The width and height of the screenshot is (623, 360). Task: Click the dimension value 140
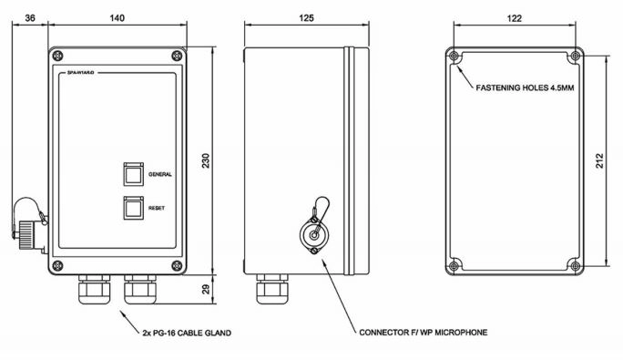pyautogui.click(x=117, y=17)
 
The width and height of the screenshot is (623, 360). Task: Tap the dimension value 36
pyautogui.click(x=31, y=17)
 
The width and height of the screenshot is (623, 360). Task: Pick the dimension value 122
pyautogui.click(x=516, y=17)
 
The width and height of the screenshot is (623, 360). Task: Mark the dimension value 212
pyautogui.click(x=600, y=160)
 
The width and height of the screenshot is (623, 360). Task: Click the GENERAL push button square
pyautogui.click(x=132, y=172)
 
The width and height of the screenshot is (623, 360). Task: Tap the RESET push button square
pyautogui.click(x=132, y=208)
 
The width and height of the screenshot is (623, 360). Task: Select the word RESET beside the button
pyautogui.click(x=157, y=209)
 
